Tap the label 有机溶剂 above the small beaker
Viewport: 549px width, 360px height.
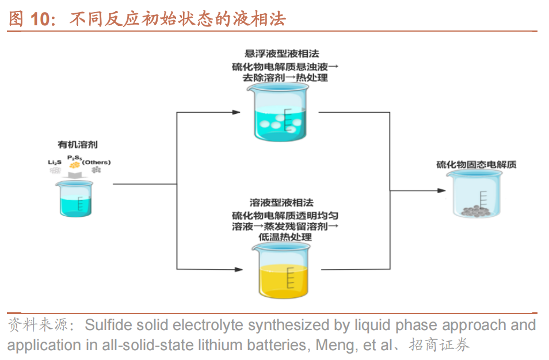point(74,145)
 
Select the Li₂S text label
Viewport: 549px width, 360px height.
point(54,163)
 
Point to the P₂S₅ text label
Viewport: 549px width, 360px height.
point(74,157)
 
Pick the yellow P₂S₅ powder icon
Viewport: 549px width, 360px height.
point(74,166)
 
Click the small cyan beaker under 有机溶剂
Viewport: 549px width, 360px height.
point(74,198)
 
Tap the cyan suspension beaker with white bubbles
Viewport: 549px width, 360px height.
point(280,112)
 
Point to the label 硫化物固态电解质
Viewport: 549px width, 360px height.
point(476,164)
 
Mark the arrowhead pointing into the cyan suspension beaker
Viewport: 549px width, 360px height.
point(237,112)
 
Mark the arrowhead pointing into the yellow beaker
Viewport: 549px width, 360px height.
point(237,269)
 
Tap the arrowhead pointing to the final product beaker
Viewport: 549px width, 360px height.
point(440,191)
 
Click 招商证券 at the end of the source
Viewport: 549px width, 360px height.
point(440,345)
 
